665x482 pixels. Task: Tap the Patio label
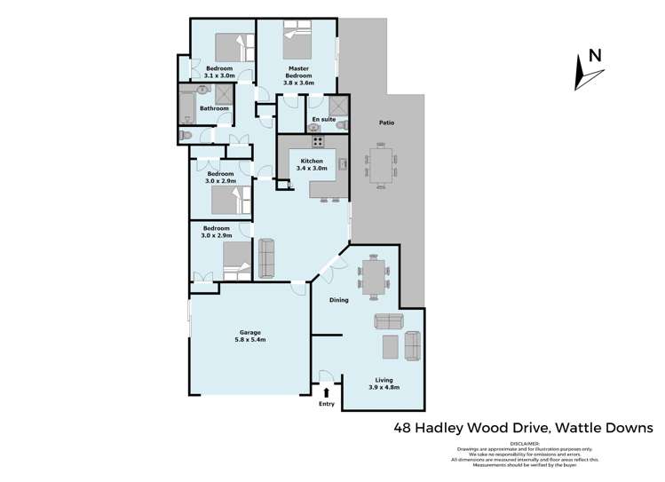click(x=386, y=123)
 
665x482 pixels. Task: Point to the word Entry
click(x=327, y=404)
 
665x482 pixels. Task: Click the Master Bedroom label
click(x=298, y=72)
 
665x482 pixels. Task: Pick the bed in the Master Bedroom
click(x=297, y=41)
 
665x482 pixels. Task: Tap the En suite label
click(x=322, y=118)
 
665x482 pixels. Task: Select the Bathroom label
click(x=214, y=108)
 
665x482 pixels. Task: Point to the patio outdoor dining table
click(x=380, y=167)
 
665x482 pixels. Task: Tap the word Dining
click(x=337, y=300)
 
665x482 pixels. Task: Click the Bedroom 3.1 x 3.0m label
click(x=219, y=72)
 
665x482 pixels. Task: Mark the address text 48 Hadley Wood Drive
click(x=471, y=428)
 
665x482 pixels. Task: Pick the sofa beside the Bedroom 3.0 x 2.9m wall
click(x=266, y=258)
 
